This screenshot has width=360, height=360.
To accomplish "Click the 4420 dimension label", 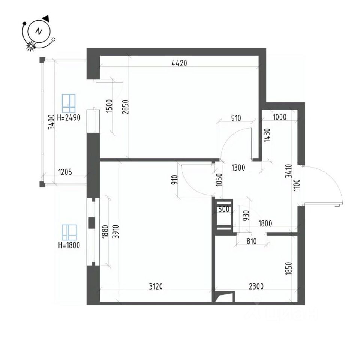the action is pos(179,63).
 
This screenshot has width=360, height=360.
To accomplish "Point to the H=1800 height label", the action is pos(69,246).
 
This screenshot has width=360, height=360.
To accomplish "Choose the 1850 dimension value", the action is pos(288,268).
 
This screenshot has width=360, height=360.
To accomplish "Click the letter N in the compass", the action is pos(38,32).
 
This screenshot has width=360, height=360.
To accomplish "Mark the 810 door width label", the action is pos(251,241).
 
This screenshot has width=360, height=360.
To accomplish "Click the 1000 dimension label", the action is pos(280,117).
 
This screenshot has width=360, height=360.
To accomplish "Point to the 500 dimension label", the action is pos(224,209).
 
